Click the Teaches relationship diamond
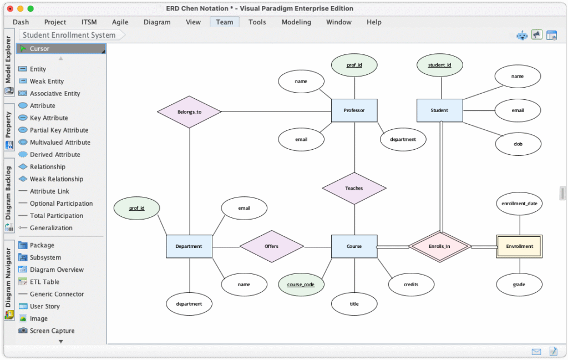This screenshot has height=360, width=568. (x=354, y=189)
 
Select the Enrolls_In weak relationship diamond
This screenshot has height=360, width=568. (x=440, y=247)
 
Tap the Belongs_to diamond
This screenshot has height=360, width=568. (x=190, y=112)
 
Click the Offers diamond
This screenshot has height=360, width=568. (x=272, y=247)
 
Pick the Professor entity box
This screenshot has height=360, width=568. (x=354, y=110)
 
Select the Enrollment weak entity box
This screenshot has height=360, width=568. (x=519, y=247)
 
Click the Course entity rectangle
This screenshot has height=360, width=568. (x=354, y=247)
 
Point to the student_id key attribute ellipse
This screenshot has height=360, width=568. (x=440, y=65)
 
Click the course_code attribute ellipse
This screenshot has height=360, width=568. (x=301, y=285)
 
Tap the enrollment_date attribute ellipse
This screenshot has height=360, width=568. (x=519, y=204)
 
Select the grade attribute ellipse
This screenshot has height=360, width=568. (x=519, y=285)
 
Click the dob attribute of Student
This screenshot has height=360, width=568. (x=518, y=144)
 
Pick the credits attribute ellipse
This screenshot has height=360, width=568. (x=411, y=285)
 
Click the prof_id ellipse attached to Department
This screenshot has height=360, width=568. (x=136, y=208)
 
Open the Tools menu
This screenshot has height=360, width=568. (x=257, y=22)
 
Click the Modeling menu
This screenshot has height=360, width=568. (x=296, y=22)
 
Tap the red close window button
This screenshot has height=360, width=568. (x=10, y=9)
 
